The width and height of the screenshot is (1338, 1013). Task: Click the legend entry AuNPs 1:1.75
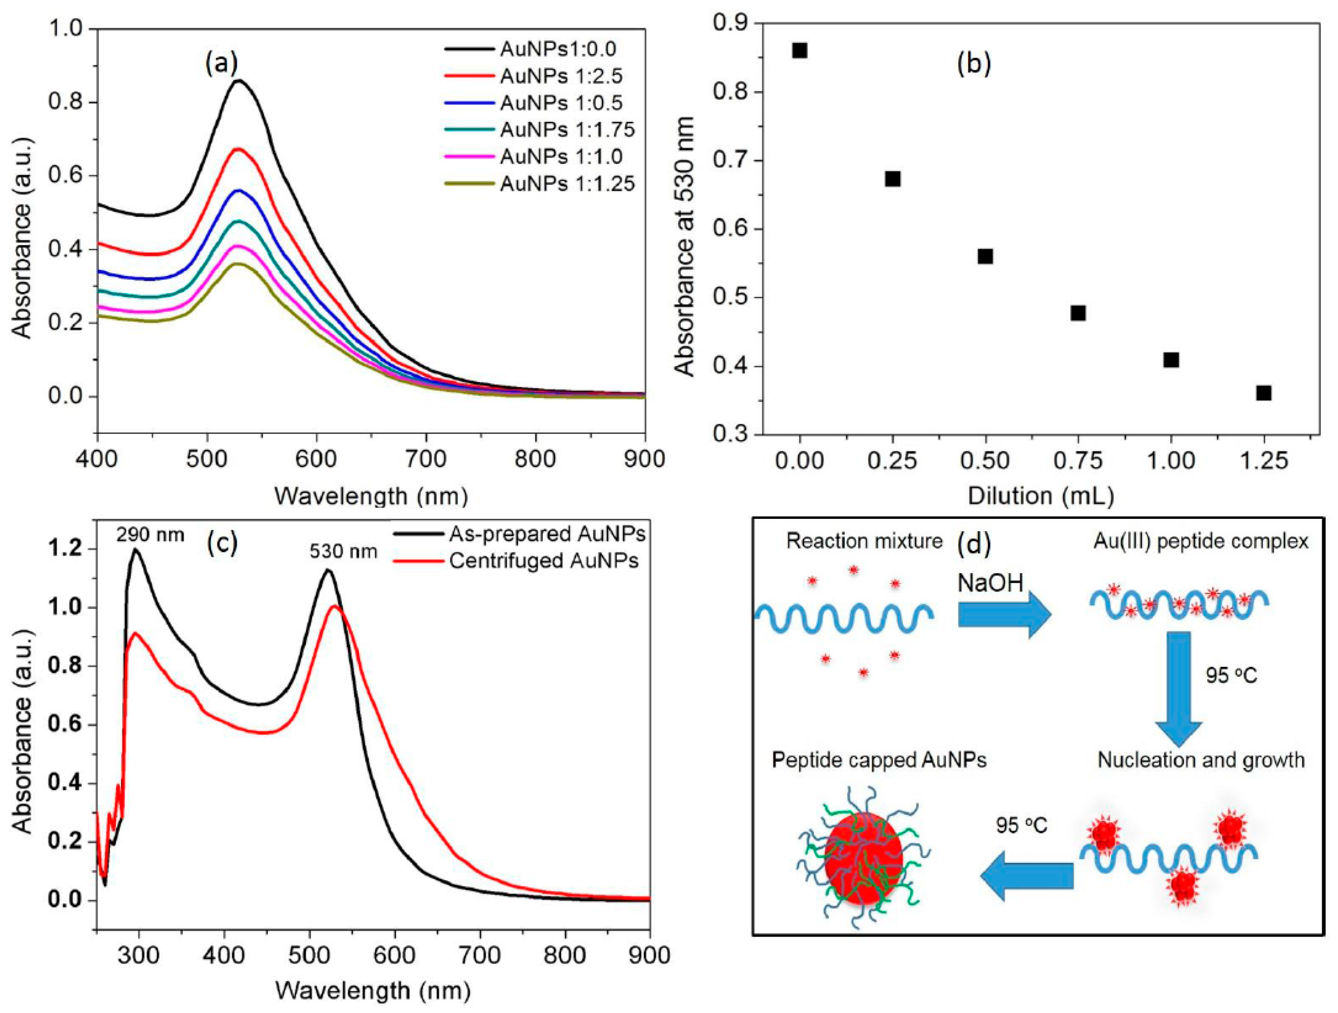(x=567, y=129)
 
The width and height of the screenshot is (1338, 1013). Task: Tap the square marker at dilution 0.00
(x=800, y=50)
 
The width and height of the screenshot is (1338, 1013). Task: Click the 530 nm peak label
(x=344, y=552)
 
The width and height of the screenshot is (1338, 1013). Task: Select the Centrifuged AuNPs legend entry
(x=543, y=561)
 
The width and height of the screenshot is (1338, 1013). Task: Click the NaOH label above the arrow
(x=990, y=583)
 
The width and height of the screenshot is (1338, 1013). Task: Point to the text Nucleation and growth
(x=1201, y=760)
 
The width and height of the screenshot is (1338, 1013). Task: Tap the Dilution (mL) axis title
(x=1040, y=496)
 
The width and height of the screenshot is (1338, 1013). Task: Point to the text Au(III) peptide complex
(x=1201, y=541)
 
